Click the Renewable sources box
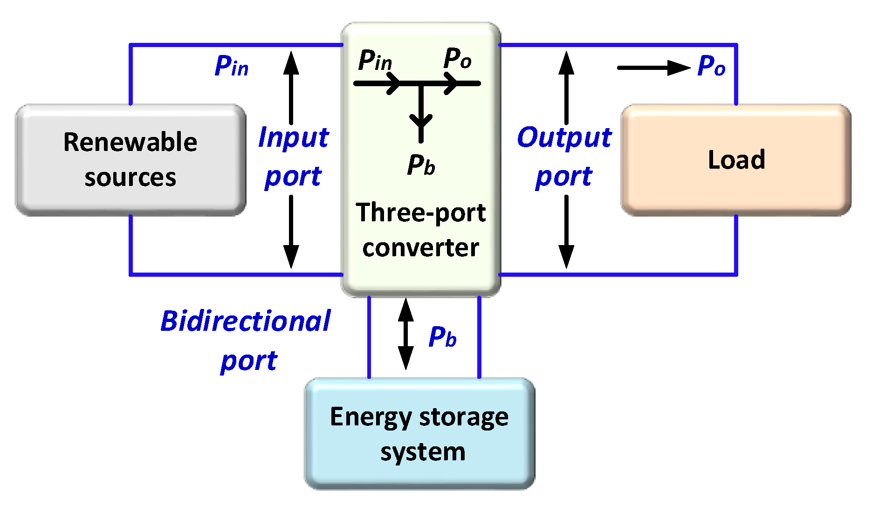(130, 159)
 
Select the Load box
(736, 159)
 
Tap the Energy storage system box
(419, 433)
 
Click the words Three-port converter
(420, 230)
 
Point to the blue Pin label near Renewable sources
(231, 66)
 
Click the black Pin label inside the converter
(375, 61)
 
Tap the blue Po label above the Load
(711, 66)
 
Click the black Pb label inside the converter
(420, 165)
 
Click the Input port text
(293, 157)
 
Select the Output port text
(564, 157)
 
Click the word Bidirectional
(246, 321)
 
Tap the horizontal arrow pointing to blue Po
(652, 68)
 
